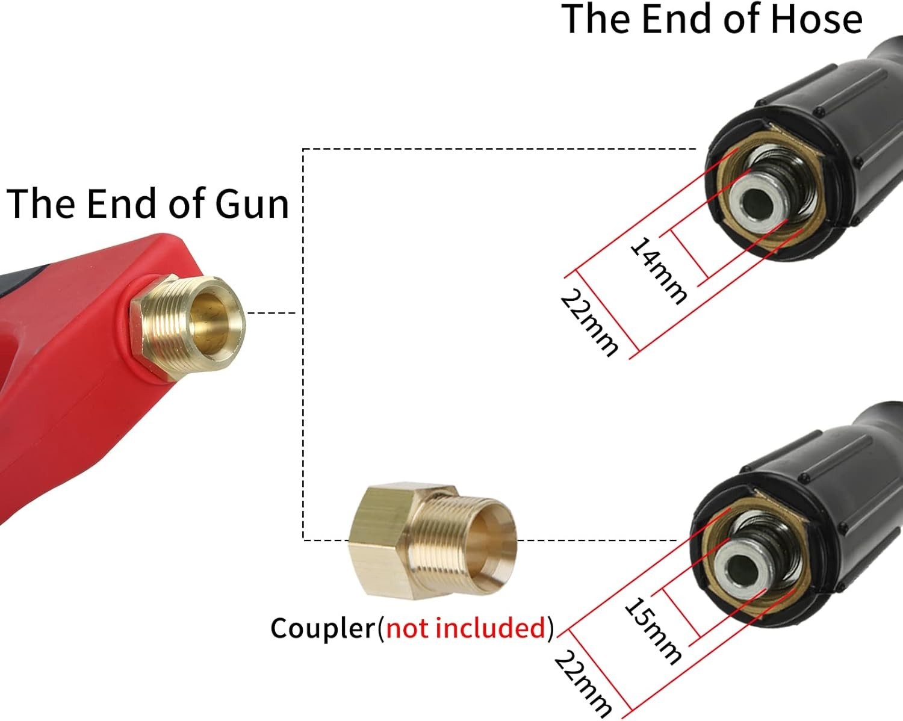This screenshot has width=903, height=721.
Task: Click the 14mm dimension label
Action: click(658, 270)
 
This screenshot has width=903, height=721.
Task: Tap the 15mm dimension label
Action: click(653, 631)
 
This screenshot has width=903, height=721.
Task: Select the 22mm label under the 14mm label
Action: click(589, 323)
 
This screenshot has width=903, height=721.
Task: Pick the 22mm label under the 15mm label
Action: click(583, 684)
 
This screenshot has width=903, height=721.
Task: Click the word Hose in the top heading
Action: click(816, 19)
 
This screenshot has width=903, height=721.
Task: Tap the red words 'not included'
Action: click(466, 628)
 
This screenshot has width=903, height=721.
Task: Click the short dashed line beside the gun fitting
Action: click(272, 313)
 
